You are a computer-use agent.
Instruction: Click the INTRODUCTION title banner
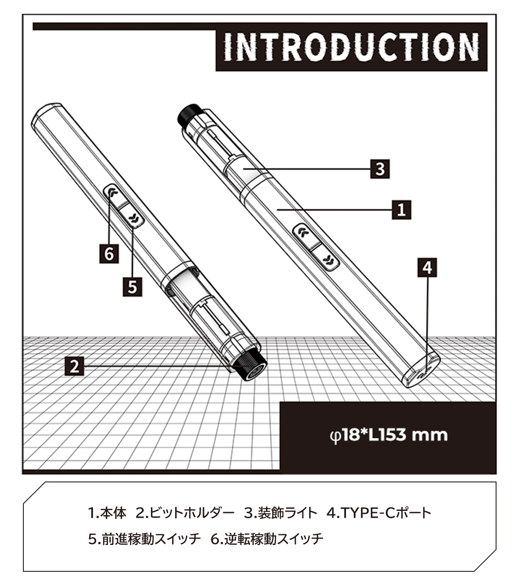click(x=351, y=47)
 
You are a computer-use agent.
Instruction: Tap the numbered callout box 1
click(x=401, y=210)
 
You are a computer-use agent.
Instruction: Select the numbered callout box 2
click(x=74, y=366)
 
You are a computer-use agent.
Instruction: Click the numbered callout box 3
click(x=380, y=169)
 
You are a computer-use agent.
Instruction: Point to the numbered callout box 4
click(x=427, y=267)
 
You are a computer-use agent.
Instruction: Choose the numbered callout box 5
click(x=132, y=287)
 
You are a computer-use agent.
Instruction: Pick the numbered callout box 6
click(x=109, y=253)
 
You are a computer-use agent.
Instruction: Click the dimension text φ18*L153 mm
click(x=389, y=435)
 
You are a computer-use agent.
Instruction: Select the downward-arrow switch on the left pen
click(x=131, y=216)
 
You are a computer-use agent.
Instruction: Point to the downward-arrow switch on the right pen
click(x=325, y=257)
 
